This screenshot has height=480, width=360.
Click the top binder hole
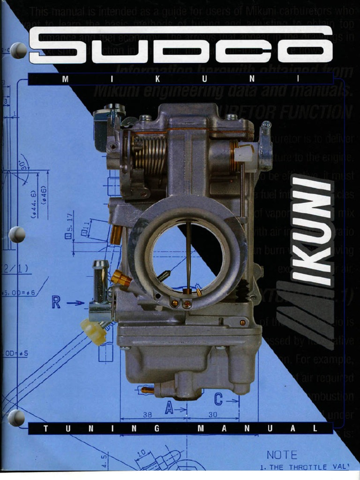18,50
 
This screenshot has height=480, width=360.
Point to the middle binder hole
17,234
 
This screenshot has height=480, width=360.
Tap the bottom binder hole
16,417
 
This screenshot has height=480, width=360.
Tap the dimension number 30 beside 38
213,415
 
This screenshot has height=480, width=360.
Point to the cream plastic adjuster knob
93,331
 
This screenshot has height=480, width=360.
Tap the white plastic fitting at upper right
244,153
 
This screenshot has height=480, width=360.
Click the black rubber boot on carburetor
242,289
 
